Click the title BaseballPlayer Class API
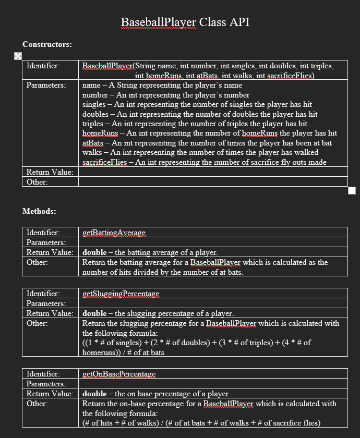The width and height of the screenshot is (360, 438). point(185,22)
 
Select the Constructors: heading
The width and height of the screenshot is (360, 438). point(47,44)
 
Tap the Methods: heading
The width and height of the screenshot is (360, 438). point(39,211)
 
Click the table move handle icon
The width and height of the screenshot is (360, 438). point(17,56)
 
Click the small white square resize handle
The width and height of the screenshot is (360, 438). point(352,191)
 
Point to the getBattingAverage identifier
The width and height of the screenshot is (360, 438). point(114,233)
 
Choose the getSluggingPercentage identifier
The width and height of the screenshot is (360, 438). point(121,294)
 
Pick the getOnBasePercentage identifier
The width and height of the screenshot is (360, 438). point(119,374)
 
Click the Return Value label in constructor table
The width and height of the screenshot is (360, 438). point(50,172)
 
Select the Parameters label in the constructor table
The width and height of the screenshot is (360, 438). point(46,85)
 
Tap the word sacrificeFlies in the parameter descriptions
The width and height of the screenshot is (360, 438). point(104,162)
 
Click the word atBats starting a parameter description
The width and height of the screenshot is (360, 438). point(93,143)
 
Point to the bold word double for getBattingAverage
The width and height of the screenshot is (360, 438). point(94,253)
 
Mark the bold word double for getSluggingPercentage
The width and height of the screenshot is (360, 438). point(94,313)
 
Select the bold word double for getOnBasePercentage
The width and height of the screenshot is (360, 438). point(94,394)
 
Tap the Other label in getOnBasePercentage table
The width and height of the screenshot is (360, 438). point(37,404)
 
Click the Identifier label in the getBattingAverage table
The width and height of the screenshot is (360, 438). point(43,233)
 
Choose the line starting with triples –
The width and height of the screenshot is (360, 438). point(194,124)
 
